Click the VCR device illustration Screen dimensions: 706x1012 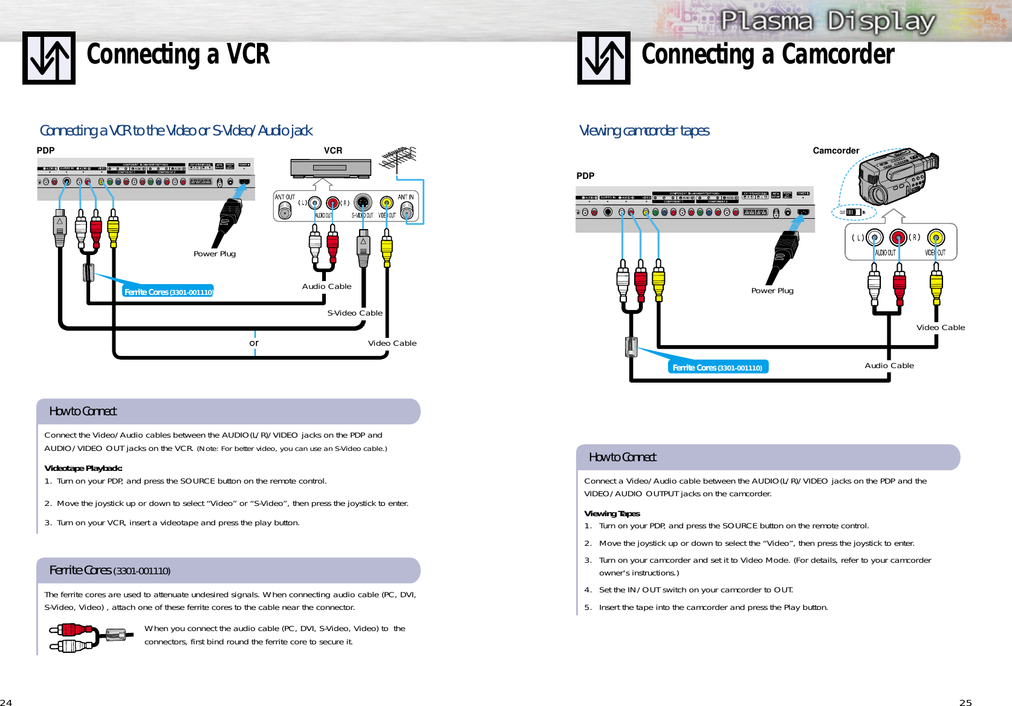[331, 168]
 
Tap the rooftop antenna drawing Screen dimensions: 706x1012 [398, 158]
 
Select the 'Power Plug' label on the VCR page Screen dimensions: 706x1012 [215, 254]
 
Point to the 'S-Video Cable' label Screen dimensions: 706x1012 [355, 313]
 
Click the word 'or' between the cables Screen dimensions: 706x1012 [254, 343]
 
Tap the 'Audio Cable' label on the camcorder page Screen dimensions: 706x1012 [889, 366]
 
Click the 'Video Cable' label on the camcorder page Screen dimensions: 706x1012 [940, 328]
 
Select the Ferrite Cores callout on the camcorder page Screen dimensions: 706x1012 [718, 368]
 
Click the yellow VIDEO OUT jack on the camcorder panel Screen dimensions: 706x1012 [935, 238]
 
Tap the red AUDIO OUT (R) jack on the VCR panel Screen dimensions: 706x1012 [332, 203]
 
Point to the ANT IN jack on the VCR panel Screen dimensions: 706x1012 [407, 209]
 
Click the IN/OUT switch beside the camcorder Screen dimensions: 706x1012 [853, 212]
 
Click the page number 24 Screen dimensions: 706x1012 [6, 702]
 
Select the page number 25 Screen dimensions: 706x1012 [965, 702]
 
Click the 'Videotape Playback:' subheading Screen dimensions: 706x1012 [83, 468]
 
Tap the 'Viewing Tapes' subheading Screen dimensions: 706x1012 [612, 514]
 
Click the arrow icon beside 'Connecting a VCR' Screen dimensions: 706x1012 [49, 58]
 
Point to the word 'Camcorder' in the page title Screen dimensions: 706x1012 [838, 54]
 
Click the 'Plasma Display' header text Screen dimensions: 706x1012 [828, 22]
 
